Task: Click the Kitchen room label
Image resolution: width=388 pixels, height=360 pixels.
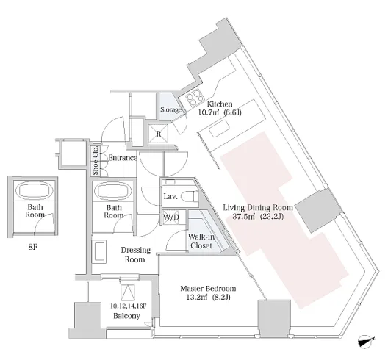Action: pos(220,104)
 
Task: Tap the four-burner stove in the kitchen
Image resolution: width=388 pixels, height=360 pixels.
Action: pos(195,97)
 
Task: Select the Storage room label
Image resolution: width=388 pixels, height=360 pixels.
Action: pos(170,109)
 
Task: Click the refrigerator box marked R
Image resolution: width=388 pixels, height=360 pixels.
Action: pos(159,134)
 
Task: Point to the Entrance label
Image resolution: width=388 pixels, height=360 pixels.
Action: pos(123,158)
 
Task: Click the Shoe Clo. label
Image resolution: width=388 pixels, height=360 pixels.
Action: pos(96,160)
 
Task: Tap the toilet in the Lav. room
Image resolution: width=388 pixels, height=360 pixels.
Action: pos(190,197)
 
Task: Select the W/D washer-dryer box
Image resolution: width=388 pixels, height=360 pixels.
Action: pos(170,217)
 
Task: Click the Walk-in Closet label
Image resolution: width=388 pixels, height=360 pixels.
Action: pos(201,241)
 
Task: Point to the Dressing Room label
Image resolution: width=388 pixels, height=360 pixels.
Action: pos(136,255)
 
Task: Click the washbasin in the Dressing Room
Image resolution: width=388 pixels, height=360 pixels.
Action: pos(99,251)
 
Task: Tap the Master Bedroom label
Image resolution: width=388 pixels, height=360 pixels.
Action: pos(208,289)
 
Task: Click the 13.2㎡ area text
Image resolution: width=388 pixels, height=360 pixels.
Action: pos(196,297)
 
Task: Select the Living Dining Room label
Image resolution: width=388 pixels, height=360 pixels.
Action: pos(258,207)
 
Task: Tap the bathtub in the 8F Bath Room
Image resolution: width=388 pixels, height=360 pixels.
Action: pos(35,190)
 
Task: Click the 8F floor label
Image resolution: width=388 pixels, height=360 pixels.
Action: pos(33,247)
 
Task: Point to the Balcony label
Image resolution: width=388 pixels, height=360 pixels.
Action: pos(126,316)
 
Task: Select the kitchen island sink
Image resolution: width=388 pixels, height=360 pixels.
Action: pos(220,129)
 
